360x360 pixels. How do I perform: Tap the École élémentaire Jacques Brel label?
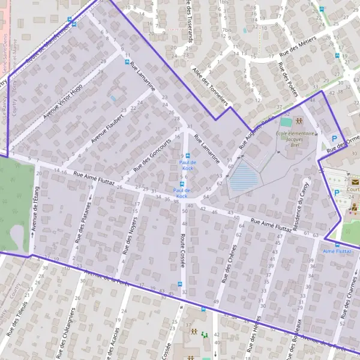click(x=295, y=136)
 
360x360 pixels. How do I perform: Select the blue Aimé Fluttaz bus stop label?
click(x=337, y=251)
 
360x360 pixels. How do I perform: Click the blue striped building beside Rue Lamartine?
click(x=245, y=178)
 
